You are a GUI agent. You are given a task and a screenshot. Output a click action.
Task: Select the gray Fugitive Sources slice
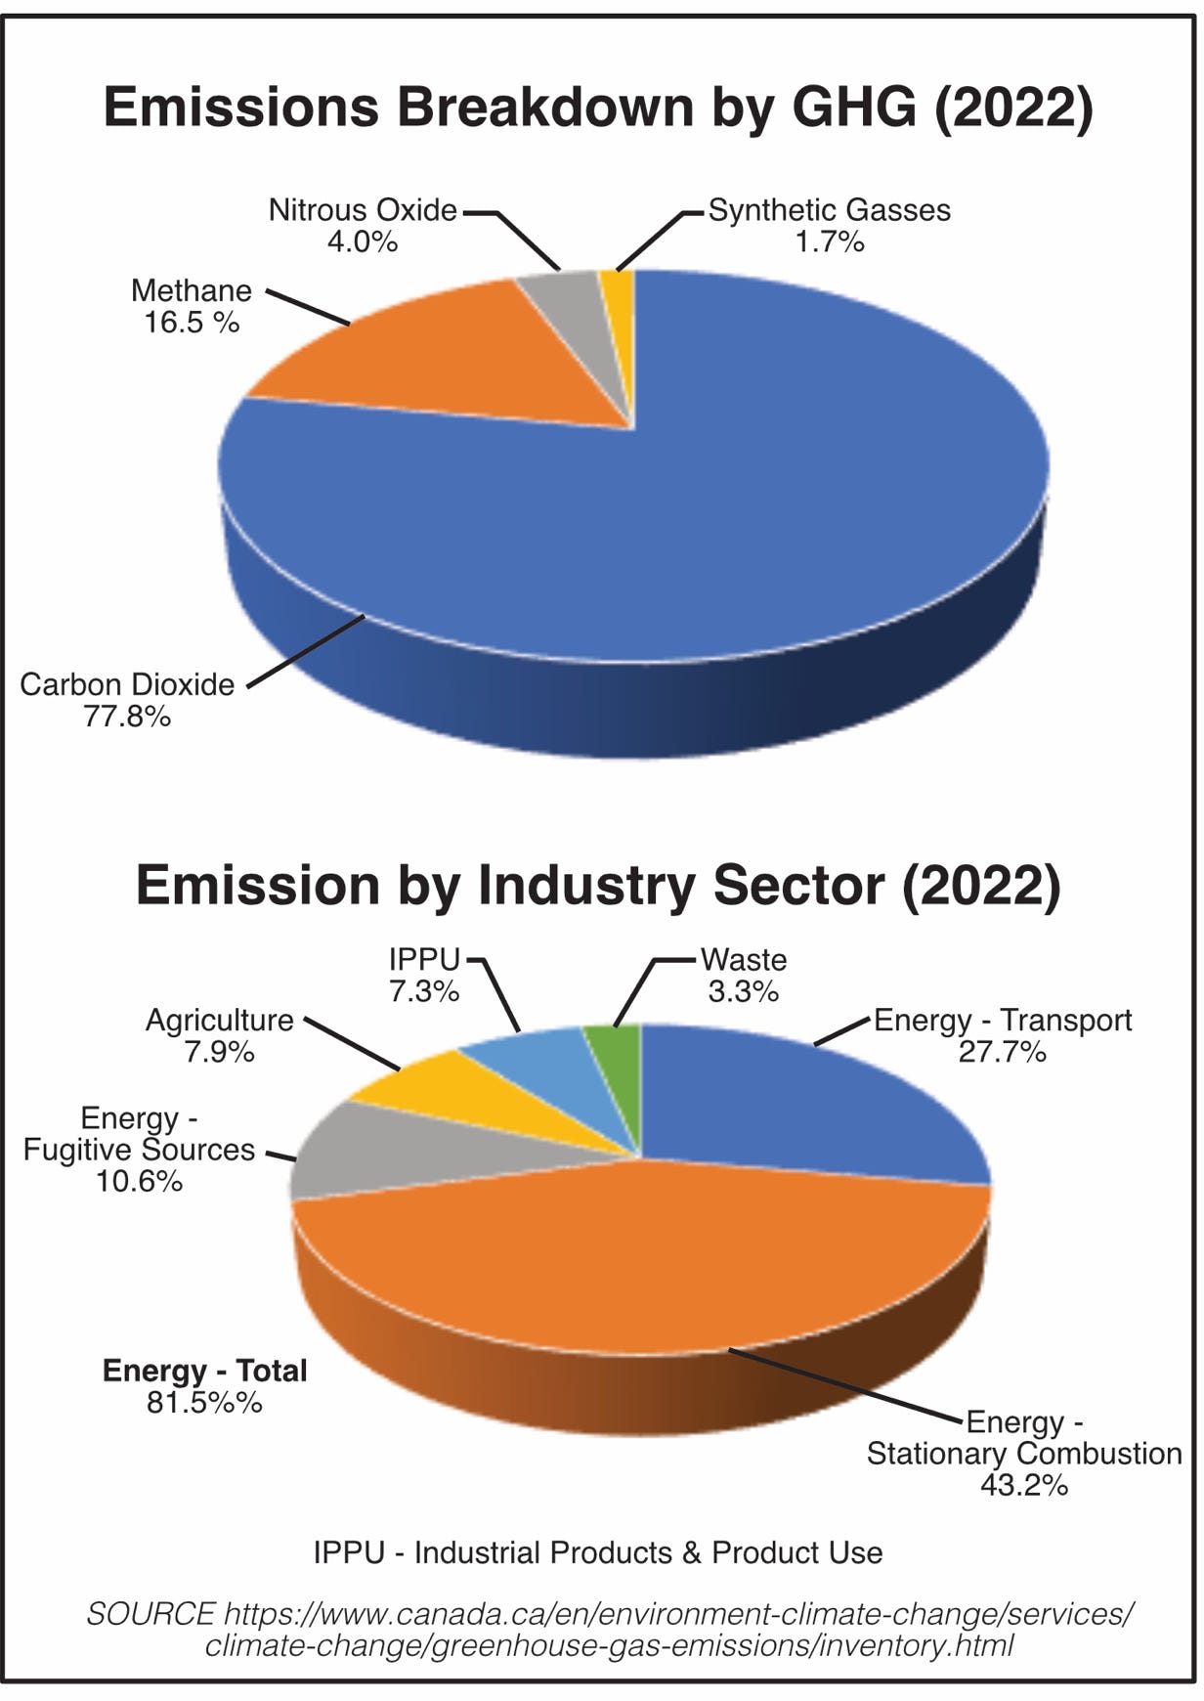pos(381,1154)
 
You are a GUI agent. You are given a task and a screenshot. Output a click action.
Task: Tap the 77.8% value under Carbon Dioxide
pos(127,717)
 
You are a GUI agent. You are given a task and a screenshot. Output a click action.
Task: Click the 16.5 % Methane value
pos(192,323)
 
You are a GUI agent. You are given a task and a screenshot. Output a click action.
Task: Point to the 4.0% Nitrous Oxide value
pos(363,241)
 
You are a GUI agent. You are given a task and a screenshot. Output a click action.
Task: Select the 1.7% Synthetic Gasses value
pos(830,241)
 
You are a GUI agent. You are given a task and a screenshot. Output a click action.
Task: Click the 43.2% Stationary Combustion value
pos(1024,1485)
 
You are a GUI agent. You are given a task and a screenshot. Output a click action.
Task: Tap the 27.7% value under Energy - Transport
pos(1003,1052)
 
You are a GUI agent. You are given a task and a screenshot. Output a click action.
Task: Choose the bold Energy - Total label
pos(205,1371)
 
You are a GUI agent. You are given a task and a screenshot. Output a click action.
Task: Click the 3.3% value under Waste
pos(744,991)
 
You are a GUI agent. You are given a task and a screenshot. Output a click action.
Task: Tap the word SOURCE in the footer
pos(150,1614)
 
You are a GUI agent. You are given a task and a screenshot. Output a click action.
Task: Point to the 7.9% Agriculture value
pos(220,1052)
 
